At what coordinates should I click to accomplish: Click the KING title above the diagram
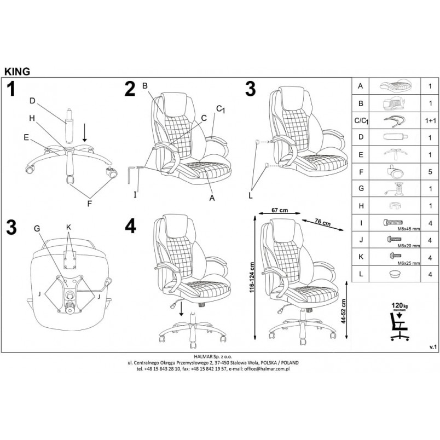pos(17,72)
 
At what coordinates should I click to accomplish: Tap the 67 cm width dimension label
pos(280,210)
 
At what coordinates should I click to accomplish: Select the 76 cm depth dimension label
pos(323,222)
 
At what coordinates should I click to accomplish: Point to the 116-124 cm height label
pos(252,277)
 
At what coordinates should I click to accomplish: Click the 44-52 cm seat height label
pos(343,311)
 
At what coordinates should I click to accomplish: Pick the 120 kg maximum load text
pos(400,306)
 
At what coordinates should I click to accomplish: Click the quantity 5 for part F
pos(430,171)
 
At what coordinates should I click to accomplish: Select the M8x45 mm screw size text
pos(409,229)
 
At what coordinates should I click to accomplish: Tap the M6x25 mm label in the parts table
pos(409,263)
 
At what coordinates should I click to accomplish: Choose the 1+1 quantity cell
pos(430,120)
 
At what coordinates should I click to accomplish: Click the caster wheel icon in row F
pos(395,171)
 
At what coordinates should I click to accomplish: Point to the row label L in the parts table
pos(361,274)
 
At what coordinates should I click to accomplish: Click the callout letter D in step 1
pos(32,101)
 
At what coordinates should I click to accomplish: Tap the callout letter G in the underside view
pos(37,229)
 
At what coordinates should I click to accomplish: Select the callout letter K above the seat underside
pos(69,227)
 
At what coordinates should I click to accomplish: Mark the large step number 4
pos(130,226)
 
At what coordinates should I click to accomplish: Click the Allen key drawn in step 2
pos(130,175)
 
